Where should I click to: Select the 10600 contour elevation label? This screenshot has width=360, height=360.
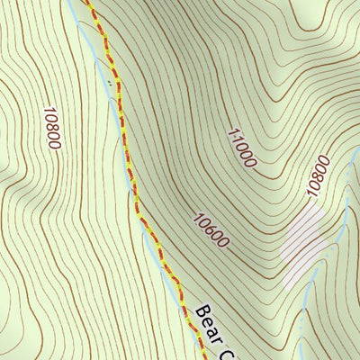coord(211,229)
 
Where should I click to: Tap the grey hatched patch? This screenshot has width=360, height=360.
coord(301,244)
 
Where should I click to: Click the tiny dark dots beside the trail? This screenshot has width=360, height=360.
coord(113,83)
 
